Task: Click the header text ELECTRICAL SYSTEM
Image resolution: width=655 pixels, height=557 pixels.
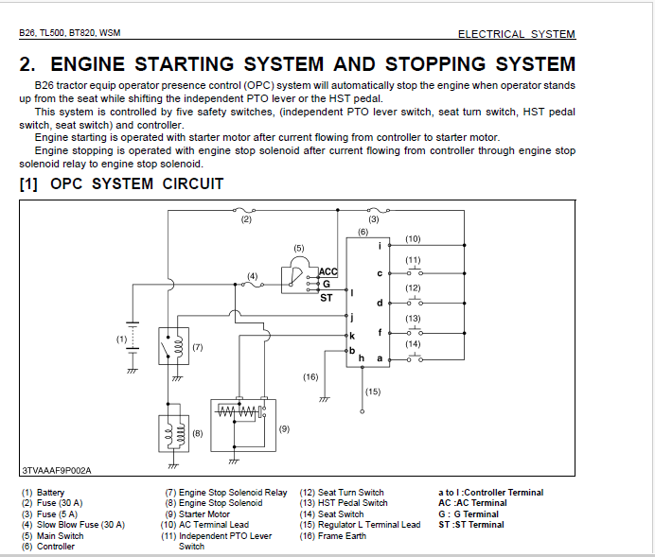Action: (516, 34)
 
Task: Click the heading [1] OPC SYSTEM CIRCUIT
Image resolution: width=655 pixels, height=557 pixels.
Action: (121, 183)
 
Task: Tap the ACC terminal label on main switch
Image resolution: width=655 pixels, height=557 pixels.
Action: (328, 272)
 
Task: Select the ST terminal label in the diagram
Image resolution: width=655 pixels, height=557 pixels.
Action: (326, 296)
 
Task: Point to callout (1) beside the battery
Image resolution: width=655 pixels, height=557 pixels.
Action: (121, 338)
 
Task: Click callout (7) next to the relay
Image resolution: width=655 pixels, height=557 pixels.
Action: (198, 347)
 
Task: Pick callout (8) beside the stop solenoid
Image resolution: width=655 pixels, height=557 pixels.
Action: (198, 432)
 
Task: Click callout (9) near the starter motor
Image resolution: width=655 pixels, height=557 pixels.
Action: (284, 428)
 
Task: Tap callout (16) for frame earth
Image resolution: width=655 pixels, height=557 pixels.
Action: (310, 376)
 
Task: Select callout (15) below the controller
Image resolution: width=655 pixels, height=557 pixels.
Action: (373, 391)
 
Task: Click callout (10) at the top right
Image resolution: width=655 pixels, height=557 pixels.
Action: (413, 238)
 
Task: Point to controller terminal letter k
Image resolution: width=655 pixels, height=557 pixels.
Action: (352, 336)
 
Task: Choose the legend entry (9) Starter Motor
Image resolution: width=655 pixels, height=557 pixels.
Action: (198, 514)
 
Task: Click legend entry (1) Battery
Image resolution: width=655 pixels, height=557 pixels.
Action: (44, 493)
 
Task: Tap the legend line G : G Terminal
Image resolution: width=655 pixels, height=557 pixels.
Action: (469, 514)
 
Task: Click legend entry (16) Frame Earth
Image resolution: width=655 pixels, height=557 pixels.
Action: (333, 536)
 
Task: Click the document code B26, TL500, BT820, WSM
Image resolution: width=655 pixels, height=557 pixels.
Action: (69, 33)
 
